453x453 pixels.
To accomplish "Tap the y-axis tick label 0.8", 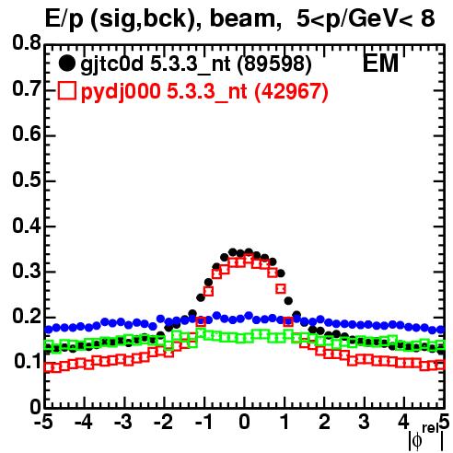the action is point(26,43).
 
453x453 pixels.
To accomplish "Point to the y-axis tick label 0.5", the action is point(26,180).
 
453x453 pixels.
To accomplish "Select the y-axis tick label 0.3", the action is point(26,271).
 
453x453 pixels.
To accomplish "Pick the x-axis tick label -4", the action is point(83,423).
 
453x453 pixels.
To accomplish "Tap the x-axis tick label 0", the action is point(244,423).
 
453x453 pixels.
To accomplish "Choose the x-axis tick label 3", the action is point(365,423).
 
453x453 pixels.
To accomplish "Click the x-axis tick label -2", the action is point(164,423).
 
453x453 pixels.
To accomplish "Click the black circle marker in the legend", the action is point(66,64).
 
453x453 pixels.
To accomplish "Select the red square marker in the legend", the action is point(67,91).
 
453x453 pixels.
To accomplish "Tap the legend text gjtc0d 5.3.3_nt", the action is point(156,64).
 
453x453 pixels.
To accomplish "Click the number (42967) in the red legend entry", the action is point(291,91).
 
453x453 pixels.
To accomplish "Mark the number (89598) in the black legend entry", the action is point(274,64).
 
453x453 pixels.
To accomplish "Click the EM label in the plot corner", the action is point(380,64).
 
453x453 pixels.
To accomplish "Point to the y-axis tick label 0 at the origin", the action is point(35,407).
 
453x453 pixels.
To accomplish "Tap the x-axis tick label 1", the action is point(285,423).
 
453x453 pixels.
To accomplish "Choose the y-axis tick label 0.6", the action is point(26,134).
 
